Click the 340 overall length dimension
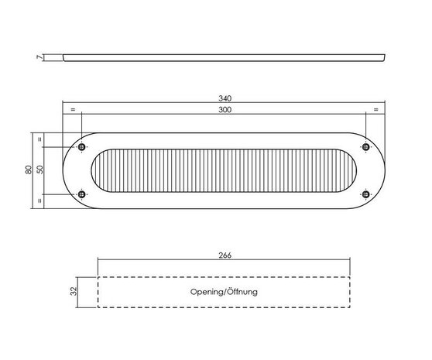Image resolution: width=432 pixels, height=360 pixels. [x=225, y=98]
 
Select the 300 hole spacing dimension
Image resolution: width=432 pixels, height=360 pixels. [x=225, y=110]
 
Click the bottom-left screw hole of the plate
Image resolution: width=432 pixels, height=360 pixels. [x=83, y=194]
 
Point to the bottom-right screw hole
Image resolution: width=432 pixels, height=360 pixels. [x=365, y=194]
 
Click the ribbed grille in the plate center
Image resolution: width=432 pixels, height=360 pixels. [x=224, y=171]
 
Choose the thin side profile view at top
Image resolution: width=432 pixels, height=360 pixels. [x=224, y=57]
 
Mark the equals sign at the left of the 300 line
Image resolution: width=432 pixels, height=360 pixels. [x=72, y=110]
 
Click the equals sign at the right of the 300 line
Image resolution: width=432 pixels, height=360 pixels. [x=376, y=110]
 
